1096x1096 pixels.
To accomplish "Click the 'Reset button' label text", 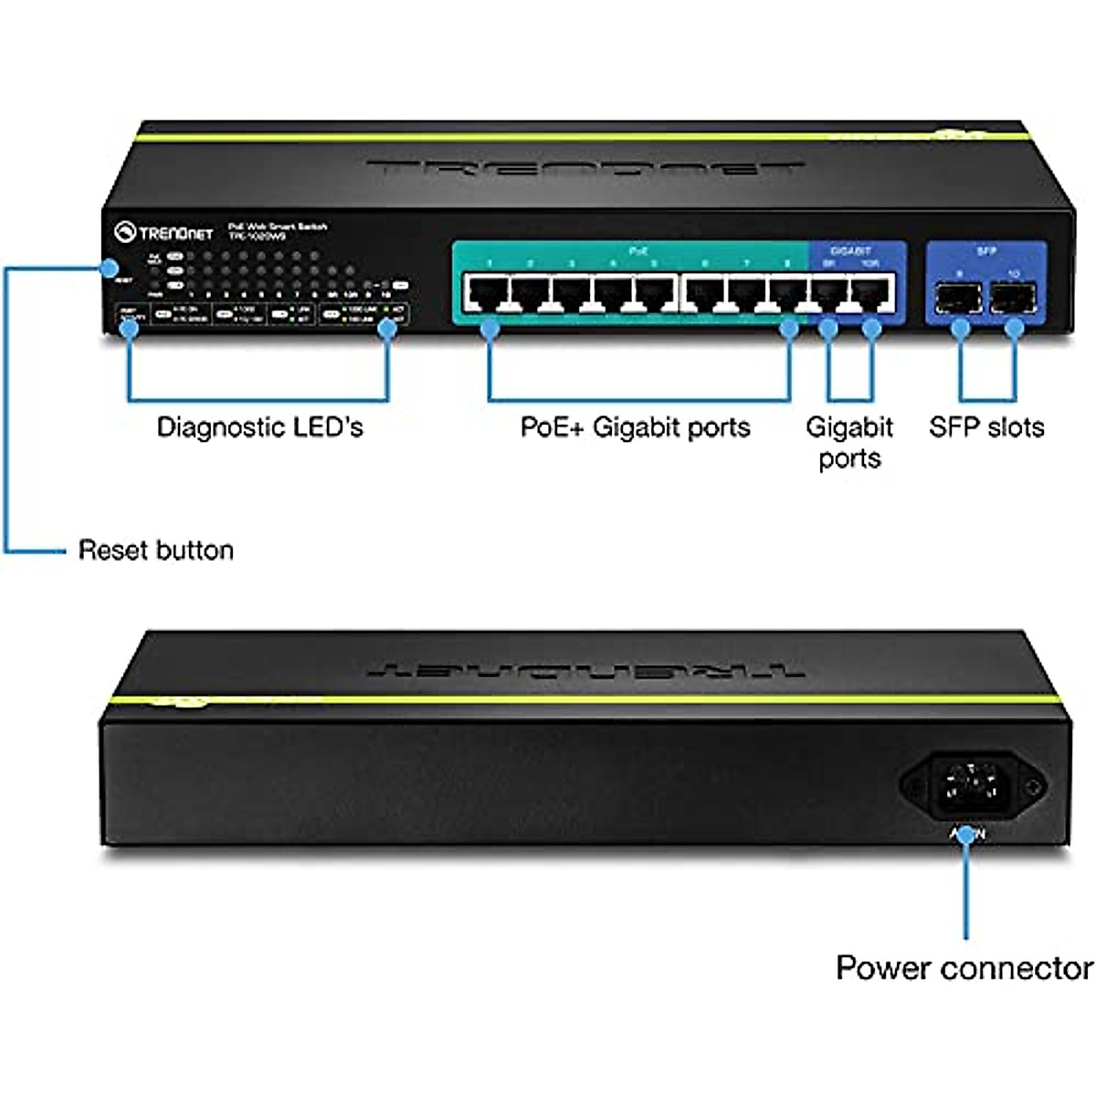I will [155, 550].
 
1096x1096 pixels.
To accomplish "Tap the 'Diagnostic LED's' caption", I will [259, 427].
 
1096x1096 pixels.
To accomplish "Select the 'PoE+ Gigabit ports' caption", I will [635, 427].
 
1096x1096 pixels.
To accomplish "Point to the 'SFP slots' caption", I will [986, 427].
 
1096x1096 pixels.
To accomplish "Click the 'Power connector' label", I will [964, 968].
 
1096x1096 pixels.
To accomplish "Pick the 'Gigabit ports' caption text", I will [849, 443].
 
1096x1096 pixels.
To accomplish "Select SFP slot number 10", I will [1013, 297].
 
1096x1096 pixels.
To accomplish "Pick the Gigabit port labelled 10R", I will [870, 293].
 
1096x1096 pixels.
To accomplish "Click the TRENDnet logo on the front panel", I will [164, 233].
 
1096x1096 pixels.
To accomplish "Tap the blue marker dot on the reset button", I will [111, 269].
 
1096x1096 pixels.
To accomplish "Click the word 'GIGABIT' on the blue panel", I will [850, 250].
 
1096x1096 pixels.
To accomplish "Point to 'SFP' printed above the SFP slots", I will [986, 250].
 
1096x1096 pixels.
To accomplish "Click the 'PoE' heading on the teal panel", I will [638, 249].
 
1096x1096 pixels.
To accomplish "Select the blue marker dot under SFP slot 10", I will [1013, 330].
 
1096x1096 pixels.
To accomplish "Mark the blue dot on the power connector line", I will [966, 834].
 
